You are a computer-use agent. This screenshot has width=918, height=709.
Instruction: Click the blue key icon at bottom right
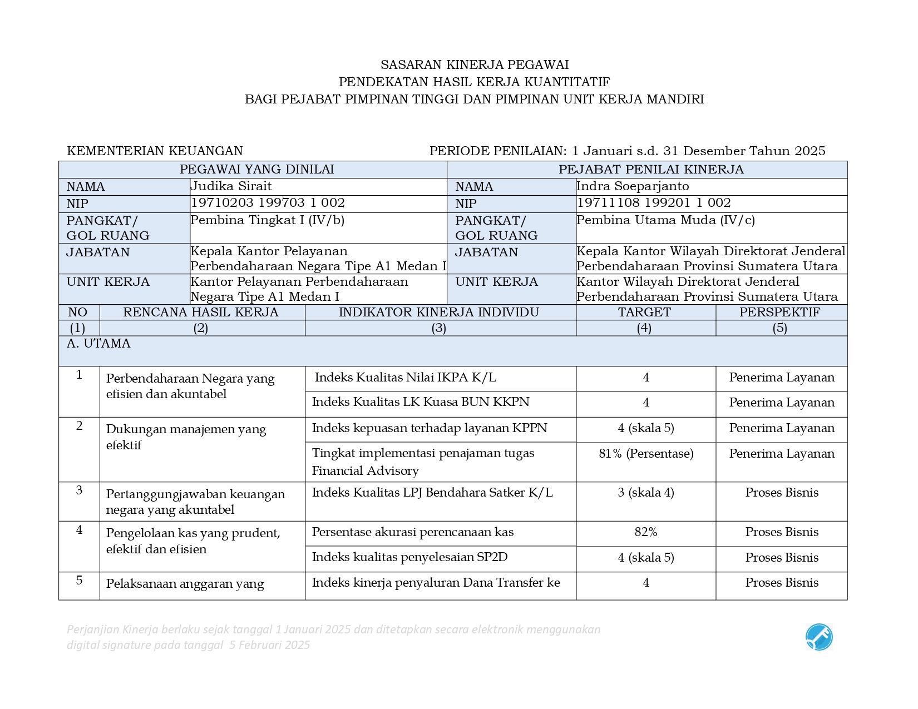click(x=819, y=637)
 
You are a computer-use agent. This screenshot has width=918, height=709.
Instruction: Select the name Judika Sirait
click(x=231, y=186)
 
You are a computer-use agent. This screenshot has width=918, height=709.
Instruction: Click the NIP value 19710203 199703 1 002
click(x=268, y=203)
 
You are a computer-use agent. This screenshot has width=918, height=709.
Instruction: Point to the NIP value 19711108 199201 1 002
click(x=654, y=203)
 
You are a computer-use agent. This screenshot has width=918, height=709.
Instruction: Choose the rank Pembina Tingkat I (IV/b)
click(x=268, y=220)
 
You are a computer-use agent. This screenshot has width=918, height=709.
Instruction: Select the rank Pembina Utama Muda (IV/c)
click(x=666, y=220)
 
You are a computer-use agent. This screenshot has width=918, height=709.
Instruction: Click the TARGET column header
click(x=645, y=313)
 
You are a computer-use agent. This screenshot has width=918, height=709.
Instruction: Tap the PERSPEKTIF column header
click(x=779, y=313)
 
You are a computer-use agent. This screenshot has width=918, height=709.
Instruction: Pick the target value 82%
click(x=645, y=532)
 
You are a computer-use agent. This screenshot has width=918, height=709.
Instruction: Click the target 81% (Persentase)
click(x=646, y=454)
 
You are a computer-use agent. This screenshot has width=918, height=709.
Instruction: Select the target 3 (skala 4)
click(x=645, y=493)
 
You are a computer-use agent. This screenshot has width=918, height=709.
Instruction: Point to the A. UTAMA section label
click(x=98, y=344)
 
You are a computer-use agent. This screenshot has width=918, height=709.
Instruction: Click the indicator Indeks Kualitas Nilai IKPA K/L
click(x=405, y=378)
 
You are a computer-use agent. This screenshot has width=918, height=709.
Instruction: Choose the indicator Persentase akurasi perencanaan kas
click(x=412, y=532)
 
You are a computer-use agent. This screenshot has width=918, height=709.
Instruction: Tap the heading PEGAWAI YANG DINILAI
click(x=256, y=170)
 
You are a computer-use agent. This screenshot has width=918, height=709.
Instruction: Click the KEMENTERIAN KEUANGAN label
click(x=155, y=151)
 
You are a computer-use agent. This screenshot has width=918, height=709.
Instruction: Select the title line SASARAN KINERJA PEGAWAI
click(x=474, y=65)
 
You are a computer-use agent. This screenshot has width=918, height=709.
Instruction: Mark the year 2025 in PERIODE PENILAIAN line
click(x=810, y=151)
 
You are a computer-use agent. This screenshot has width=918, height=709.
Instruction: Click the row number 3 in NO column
click(x=79, y=490)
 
